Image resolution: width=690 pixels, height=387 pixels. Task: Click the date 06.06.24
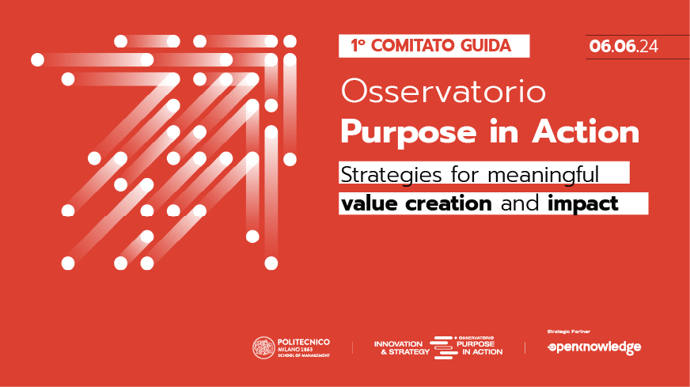[624, 46]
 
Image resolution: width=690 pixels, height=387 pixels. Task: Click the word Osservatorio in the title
[443, 92]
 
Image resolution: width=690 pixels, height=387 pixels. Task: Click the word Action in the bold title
[586, 131]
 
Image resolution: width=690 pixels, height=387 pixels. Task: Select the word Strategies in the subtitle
[391, 175]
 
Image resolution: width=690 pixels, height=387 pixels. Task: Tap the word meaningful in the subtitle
[543, 175]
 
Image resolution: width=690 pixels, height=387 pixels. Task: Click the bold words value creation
[416, 203]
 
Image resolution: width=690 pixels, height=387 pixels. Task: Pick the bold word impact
[582, 204]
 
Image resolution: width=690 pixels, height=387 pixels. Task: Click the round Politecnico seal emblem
[263, 347]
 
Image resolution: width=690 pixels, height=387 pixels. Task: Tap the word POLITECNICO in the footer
[304, 342]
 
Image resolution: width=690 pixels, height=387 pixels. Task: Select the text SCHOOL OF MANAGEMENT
[304, 355]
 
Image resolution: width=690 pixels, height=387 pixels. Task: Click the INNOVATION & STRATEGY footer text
[401, 347]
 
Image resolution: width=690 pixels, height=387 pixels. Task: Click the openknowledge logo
[594, 347]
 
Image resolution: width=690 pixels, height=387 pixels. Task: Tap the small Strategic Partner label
[569, 332]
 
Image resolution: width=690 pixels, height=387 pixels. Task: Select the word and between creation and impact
[520, 203]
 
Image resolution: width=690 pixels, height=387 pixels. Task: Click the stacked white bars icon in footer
[442, 347]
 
